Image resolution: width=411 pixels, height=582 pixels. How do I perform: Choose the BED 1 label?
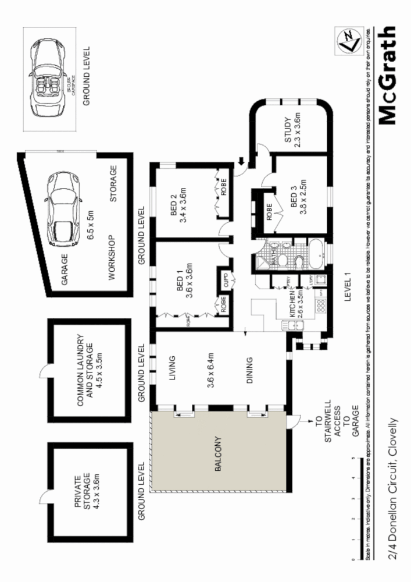coord(180,280)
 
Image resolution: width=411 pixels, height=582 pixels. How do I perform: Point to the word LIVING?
coord(173,368)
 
